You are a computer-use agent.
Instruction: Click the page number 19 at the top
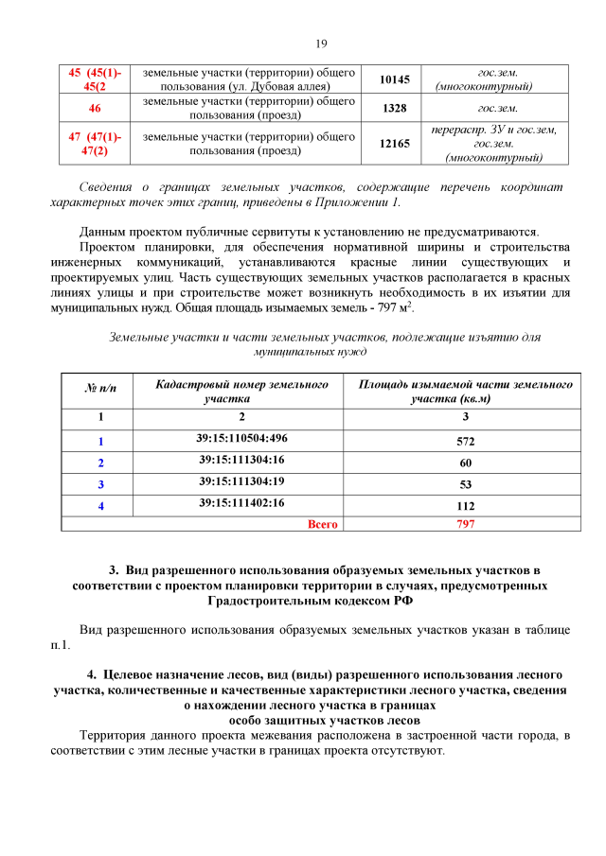(320, 44)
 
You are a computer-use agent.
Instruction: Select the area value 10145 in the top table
(394, 79)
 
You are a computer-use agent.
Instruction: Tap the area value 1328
(394, 109)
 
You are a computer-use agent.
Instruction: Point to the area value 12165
(394, 144)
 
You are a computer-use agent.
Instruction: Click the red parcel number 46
(95, 109)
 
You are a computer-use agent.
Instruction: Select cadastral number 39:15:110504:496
(241, 438)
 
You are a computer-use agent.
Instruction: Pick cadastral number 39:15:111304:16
(241, 460)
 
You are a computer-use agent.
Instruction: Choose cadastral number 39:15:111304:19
(241, 481)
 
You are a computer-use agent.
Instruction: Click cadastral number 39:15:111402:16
(241, 503)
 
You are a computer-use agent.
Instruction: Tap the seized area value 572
(465, 442)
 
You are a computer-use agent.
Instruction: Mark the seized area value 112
(465, 506)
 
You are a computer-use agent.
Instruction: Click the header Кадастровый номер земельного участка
(241, 392)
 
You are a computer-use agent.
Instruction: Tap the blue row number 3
(100, 485)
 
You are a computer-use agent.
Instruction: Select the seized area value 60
(465, 463)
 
